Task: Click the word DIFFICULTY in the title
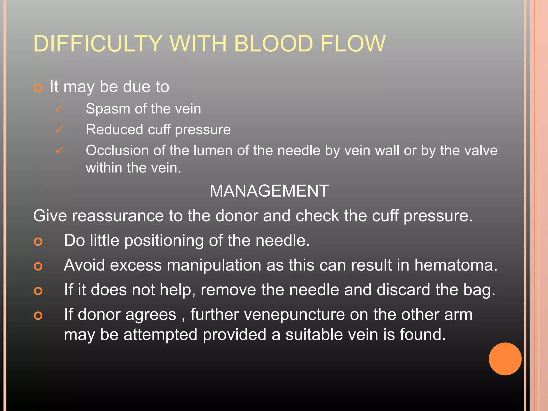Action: (x=98, y=44)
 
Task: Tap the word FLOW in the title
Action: (x=353, y=44)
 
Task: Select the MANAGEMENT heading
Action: (x=269, y=191)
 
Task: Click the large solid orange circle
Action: (x=505, y=359)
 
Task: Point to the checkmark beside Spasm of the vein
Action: (x=59, y=109)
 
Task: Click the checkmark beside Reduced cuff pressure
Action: (x=59, y=130)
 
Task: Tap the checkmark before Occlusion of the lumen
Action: (x=59, y=150)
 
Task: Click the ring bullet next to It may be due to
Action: (x=38, y=88)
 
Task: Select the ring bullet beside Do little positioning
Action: (x=38, y=242)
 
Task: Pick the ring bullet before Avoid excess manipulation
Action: (x=38, y=266)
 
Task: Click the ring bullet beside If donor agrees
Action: (x=38, y=316)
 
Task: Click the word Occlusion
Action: (x=117, y=150)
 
